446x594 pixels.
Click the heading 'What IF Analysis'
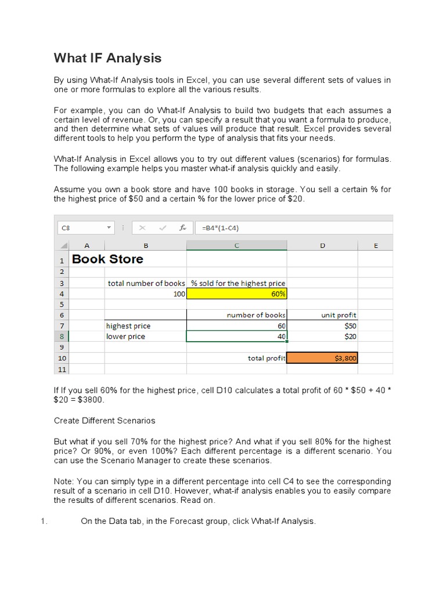click(107, 58)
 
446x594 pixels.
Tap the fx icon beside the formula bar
click(182, 228)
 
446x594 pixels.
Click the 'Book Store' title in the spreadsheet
click(107, 259)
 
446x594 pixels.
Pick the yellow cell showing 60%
click(236, 294)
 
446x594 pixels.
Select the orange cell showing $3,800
click(322, 358)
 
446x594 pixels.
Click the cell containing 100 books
click(145, 294)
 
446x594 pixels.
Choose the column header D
click(322, 245)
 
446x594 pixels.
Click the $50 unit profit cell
click(322, 326)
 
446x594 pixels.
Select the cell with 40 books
click(236, 336)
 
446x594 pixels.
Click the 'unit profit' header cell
click(322, 315)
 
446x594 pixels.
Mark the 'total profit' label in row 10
click(266, 358)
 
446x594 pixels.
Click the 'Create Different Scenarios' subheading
click(105, 420)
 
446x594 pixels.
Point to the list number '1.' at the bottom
click(44, 521)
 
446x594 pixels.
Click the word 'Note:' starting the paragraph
click(64, 481)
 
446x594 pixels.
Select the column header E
click(375, 245)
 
